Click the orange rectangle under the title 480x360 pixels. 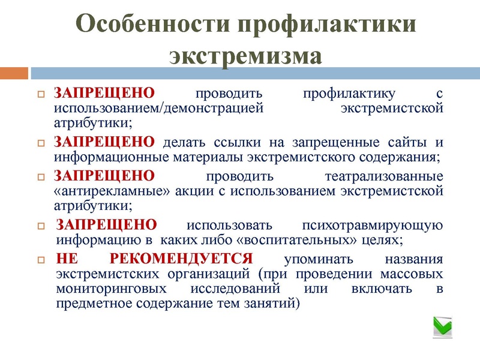14,73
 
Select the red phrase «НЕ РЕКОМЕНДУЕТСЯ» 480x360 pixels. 154,260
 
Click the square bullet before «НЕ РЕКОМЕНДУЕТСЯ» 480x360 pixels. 41,260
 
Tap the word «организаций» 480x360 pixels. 203,274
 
